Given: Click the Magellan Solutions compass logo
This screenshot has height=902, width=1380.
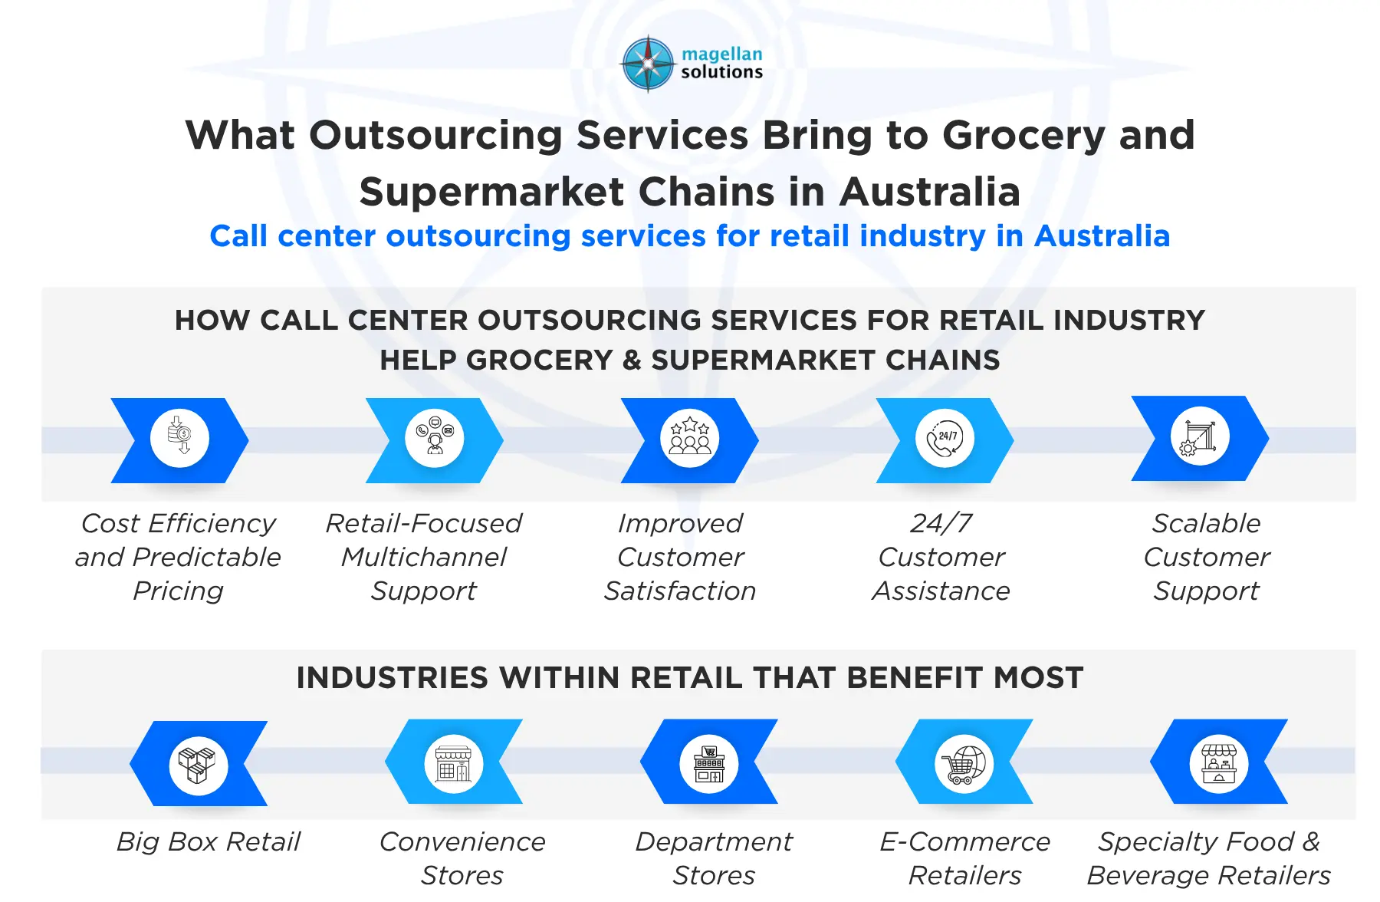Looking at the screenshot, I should (x=648, y=64).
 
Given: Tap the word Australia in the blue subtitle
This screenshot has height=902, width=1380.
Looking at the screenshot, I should (x=1102, y=236).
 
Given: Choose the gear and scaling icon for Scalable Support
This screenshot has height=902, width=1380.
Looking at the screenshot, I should (x=1200, y=437).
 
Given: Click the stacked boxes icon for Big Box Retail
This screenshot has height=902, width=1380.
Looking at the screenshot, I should (x=199, y=765).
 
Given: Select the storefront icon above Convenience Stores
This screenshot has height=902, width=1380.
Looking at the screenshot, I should (x=454, y=763).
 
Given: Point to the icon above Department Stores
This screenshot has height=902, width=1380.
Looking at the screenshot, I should (x=709, y=763).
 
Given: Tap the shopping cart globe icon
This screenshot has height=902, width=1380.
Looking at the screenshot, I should (x=964, y=763).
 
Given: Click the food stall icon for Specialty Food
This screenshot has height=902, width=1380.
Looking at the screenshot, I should (x=1219, y=763).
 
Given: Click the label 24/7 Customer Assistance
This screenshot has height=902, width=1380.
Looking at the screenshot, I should (x=941, y=558).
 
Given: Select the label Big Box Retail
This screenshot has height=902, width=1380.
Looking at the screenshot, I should (x=209, y=842).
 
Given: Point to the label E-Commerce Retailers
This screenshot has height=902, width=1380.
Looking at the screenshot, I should (x=964, y=858).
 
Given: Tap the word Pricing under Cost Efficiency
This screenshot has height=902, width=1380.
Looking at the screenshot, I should (x=178, y=591).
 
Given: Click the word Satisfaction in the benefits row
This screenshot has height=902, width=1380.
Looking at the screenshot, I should (x=680, y=591).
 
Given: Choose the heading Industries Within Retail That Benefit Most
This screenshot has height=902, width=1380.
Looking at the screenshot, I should (x=690, y=678).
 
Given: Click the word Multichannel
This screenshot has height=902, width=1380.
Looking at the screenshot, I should (x=424, y=558).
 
